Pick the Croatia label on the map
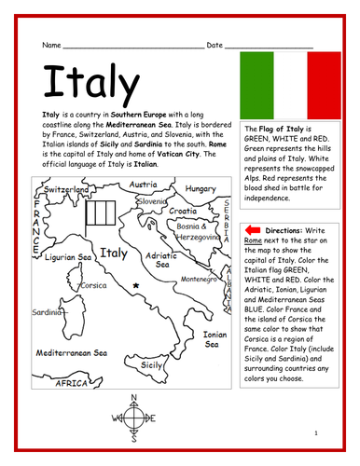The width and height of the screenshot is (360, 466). [183, 211]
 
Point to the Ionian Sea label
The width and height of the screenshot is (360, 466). [215, 337]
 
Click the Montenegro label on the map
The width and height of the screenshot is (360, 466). [199, 278]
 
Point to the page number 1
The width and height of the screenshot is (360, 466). [317, 434]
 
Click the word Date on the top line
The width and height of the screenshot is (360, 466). [215, 45]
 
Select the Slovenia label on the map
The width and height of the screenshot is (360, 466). [151, 201]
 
